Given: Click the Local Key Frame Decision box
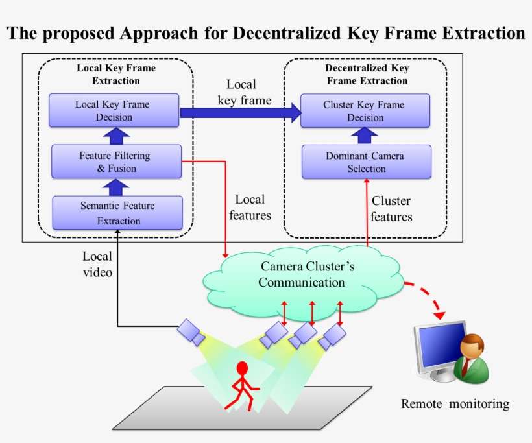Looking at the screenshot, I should pyautogui.click(x=114, y=110).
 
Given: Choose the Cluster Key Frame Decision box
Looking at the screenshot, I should pyautogui.click(x=365, y=111).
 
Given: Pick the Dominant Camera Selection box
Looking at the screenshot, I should pyautogui.click(x=366, y=162).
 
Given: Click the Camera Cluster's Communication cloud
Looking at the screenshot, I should pyautogui.click(x=302, y=275).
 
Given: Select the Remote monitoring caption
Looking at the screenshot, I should pyautogui.click(x=455, y=404).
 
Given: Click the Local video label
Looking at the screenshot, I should pyautogui.click(x=97, y=264).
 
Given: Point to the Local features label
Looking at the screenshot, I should pyautogui.click(x=250, y=207).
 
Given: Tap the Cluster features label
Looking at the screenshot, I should pyautogui.click(x=391, y=208).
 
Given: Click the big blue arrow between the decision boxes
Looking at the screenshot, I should pyautogui.click(x=240, y=113).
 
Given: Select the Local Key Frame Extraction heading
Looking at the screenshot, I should pyautogui.click(x=116, y=74).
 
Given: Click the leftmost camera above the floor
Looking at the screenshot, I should pyautogui.click(x=191, y=331).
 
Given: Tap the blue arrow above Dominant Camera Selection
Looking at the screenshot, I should pyautogui.click(x=365, y=135).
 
